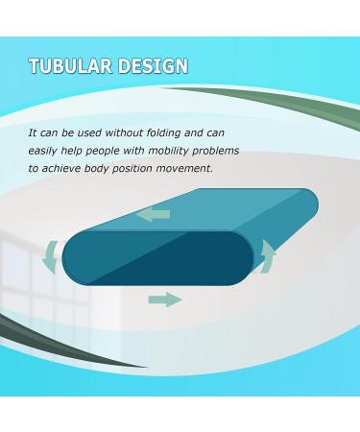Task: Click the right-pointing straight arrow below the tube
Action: coord(165,300)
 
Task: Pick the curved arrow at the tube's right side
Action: coord(270,256)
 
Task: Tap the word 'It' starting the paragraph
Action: coord(33,133)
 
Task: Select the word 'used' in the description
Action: coord(98,133)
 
